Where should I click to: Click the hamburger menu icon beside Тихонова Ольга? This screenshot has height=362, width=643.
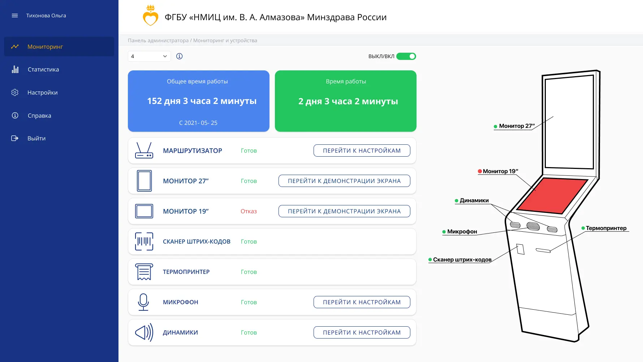click(15, 16)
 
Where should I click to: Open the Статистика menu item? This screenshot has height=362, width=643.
click(43, 69)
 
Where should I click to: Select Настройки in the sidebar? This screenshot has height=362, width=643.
click(42, 92)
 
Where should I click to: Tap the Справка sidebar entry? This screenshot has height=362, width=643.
click(39, 115)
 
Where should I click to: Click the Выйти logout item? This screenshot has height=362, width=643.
click(36, 138)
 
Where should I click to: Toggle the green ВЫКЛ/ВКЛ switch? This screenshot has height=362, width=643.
click(406, 56)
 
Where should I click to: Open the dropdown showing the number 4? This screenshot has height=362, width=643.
click(149, 56)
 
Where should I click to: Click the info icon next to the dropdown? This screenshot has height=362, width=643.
click(179, 56)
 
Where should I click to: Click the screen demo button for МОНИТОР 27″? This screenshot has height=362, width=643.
click(344, 181)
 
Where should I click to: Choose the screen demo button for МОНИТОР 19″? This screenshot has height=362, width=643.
click(344, 211)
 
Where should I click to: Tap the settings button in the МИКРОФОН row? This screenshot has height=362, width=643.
click(362, 302)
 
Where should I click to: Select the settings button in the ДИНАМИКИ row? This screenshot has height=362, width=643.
click(362, 332)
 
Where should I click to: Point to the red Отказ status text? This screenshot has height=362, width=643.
click(249, 211)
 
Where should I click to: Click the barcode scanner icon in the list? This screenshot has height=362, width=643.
click(144, 241)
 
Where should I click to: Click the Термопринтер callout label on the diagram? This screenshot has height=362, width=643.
click(606, 228)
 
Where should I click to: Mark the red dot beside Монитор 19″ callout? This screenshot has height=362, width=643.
click(480, 171)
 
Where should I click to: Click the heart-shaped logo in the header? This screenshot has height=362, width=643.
click(150, 16)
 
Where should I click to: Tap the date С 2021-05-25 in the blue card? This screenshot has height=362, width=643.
click(198, 123)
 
